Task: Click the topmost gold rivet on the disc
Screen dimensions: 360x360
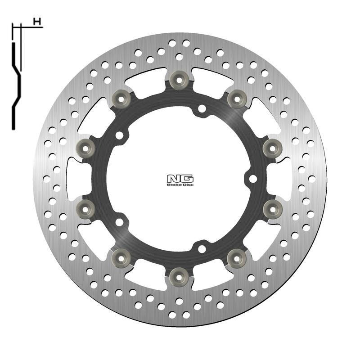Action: tap(179, 79)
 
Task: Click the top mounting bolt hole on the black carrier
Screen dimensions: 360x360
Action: tap(202, 108)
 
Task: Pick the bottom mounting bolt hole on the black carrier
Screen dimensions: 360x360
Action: tap(202, 248)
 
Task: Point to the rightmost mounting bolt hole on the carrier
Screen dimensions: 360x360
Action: tap(253, 179)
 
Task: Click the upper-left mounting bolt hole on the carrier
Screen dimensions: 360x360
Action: tap(119, 135)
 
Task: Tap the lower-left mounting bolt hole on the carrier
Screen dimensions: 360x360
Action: tap(119, 222)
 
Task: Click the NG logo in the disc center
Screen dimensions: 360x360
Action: tap(180, 178)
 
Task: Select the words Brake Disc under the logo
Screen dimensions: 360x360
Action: tap(180, 184)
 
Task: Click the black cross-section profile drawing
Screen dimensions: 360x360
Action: tap(16, 81)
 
